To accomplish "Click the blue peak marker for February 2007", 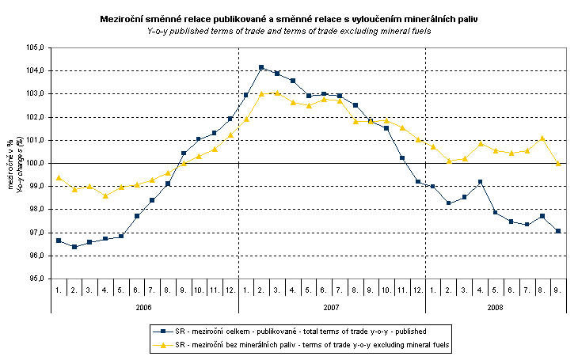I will [x=261, y=68].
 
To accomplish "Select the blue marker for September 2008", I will [x=558, y=231].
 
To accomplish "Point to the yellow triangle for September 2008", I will [x=558, y=163].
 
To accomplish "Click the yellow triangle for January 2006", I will [x=59, y=177].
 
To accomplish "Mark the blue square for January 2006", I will [x=59, y=241].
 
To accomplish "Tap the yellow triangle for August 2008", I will [x=542, y=138].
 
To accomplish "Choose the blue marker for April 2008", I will [x=480, y=182].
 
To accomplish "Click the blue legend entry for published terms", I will [x=293, y=332].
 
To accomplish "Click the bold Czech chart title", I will [x=289, y=17].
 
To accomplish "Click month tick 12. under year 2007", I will [x=417, y=290].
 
